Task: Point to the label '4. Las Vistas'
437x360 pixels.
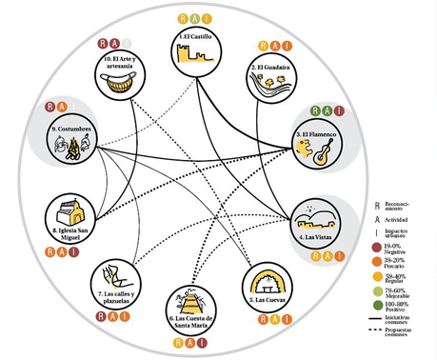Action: pyautogui.click(x=315, y=234)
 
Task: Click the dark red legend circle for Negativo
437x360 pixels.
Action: pyautogui.click(x=379, y=248)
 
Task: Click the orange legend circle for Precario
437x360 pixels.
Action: pyautogui.click(x=379, y=261)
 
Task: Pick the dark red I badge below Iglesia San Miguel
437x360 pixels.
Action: pyautogui.click(x=75, y=252)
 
